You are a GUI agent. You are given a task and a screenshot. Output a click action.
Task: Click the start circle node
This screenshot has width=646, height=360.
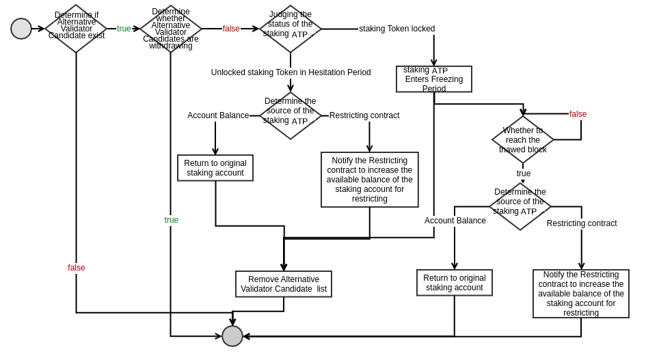21,29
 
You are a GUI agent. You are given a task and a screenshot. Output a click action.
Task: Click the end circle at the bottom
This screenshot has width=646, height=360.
232,336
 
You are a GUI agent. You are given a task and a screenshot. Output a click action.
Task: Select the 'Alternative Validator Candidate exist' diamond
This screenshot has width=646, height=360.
77,29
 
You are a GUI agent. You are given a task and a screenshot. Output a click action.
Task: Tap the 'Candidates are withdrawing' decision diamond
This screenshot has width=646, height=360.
171,29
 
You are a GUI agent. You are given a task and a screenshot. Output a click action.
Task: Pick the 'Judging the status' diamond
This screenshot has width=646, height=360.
291,29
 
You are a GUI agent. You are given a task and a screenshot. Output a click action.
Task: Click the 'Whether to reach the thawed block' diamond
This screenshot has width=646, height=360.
523,139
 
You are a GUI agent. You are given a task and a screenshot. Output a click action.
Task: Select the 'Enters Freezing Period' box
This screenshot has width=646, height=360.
434,79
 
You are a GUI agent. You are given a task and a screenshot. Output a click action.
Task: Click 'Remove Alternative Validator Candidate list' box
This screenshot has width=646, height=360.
284,284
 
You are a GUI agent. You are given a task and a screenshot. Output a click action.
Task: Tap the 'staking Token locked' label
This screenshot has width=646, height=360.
396,29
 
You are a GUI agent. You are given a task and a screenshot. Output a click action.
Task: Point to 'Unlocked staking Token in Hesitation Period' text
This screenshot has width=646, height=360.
291,72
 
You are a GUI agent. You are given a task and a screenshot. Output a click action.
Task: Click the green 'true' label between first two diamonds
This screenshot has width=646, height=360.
124,29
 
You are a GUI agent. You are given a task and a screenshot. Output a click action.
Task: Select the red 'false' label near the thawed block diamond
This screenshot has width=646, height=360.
578,114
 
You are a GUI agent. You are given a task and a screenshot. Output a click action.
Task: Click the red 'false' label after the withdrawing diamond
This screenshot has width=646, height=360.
231,29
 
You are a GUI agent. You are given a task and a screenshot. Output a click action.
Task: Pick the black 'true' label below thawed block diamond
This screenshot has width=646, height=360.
524,174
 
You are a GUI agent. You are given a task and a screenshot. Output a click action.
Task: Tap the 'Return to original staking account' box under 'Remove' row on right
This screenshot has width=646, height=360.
455,283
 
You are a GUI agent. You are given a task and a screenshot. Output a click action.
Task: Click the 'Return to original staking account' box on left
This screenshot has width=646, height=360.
215,168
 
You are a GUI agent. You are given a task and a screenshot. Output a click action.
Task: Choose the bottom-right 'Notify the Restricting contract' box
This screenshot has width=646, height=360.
581,294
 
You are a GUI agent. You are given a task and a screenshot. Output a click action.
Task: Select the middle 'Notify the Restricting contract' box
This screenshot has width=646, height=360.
370,180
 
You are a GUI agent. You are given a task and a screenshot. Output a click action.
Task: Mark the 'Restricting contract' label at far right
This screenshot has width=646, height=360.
582,223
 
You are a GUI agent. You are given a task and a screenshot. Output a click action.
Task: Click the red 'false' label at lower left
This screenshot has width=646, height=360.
77,268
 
